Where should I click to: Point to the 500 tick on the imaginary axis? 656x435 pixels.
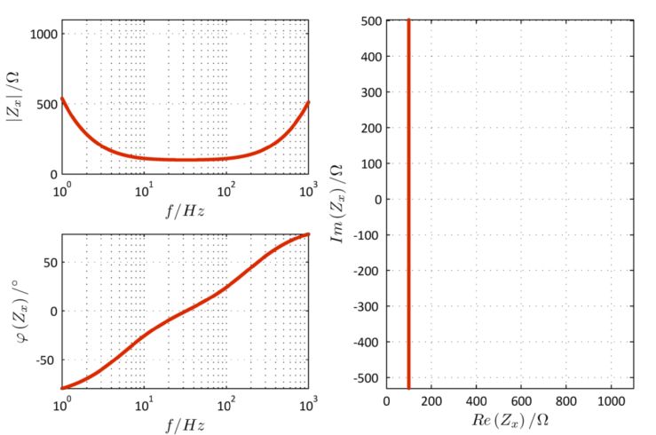coord(370,21)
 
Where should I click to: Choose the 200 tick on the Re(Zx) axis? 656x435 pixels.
coord(431,401)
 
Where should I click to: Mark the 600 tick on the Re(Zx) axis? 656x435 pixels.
coord(522,401)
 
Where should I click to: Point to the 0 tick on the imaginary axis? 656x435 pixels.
coord(376,200)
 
